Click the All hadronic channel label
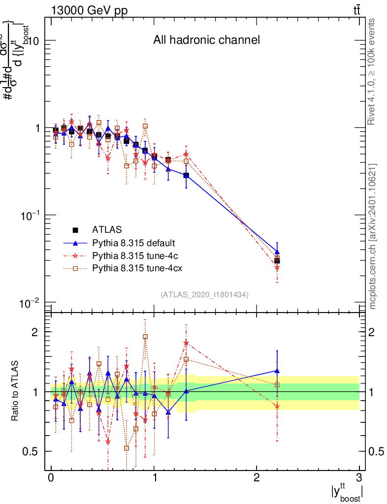[x=206, y=40]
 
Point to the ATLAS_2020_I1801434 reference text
[x=204, y=294]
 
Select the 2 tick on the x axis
[x=257, y=478]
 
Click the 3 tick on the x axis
[x=359, y=478]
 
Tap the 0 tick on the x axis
[x=51, y=478]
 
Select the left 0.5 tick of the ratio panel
[x=33, y=451]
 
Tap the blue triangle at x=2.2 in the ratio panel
[x=277, y=371]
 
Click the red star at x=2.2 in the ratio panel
[x=277, y=406]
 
